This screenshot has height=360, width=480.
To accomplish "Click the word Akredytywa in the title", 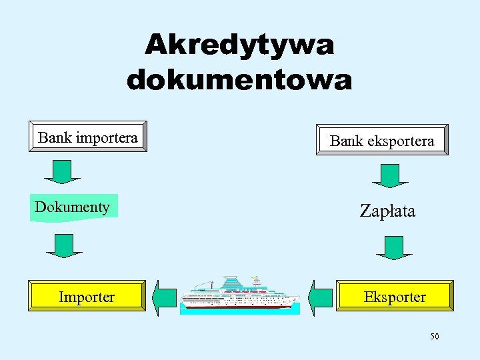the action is point(239,46).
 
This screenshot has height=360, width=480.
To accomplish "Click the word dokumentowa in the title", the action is point(239,81).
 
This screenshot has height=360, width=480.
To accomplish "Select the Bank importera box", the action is point(88,137).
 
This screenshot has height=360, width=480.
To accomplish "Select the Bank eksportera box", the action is point(382,140).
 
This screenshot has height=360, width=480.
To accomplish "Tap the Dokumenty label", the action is point(73,207).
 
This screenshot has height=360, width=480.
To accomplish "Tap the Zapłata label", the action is point(387,211).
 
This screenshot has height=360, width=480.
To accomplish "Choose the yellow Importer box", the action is point(87,296).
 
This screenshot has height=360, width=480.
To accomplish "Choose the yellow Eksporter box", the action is point(395,296).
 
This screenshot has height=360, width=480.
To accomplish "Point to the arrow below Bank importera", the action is point(63,171).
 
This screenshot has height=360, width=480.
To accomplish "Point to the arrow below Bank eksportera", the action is point(390,175).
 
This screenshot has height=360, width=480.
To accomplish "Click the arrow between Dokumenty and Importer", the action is point(64,245).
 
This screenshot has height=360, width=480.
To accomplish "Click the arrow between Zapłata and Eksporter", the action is point(394,247).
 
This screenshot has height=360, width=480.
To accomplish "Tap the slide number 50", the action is point(434,337).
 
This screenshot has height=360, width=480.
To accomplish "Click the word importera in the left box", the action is point(107,137).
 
